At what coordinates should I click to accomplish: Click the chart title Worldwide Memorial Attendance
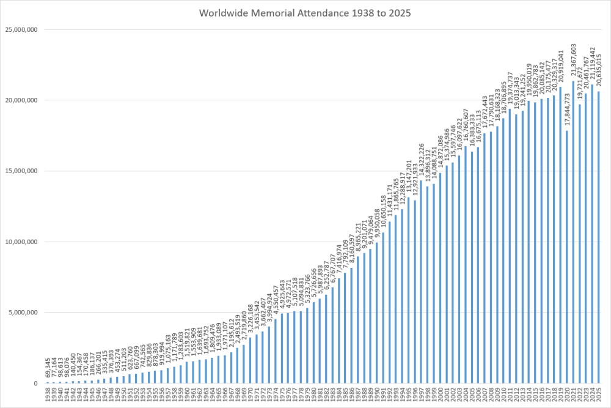[x=305, y=12]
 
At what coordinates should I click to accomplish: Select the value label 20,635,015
[x=599, y=70]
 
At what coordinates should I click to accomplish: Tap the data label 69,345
[x=48, y=369]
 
